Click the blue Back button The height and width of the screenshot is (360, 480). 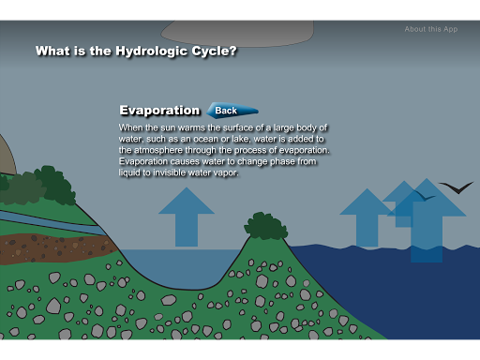(232, 111)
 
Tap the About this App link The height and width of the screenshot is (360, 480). (431, 29)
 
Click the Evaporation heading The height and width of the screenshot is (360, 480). (159, 111)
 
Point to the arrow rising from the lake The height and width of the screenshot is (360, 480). (187, 217)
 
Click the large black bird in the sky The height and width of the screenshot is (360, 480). (457, 187)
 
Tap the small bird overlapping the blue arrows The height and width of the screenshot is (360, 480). (425, 196)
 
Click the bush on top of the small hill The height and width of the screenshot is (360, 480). (265, 226)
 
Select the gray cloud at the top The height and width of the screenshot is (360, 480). (237, 33)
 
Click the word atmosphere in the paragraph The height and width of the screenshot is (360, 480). (158, 150)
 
